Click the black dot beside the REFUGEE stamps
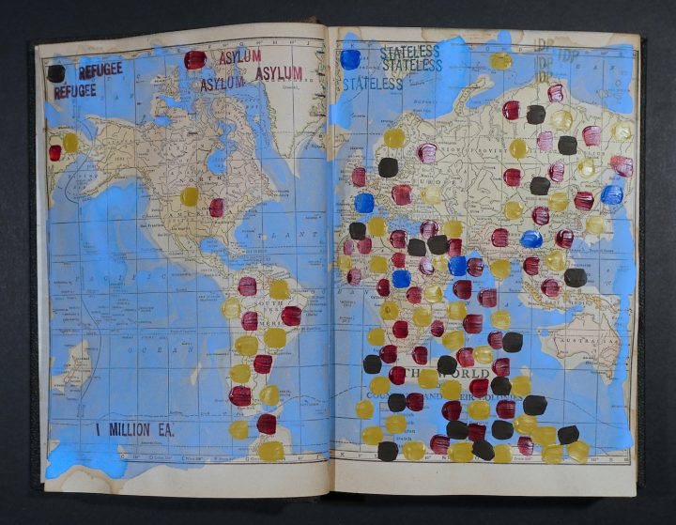coord(56,73)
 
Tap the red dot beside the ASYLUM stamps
coord(194,60)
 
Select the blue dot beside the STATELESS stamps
coord(350,59)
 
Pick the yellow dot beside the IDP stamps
coord(501,61)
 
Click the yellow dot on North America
coord(190,196)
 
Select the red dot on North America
coord(216,208)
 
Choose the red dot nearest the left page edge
coord(54,152)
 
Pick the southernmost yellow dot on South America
coord(271,451)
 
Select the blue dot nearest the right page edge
coord(611,194)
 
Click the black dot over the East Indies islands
coord(575,277)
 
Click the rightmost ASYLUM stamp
coord(279,73)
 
